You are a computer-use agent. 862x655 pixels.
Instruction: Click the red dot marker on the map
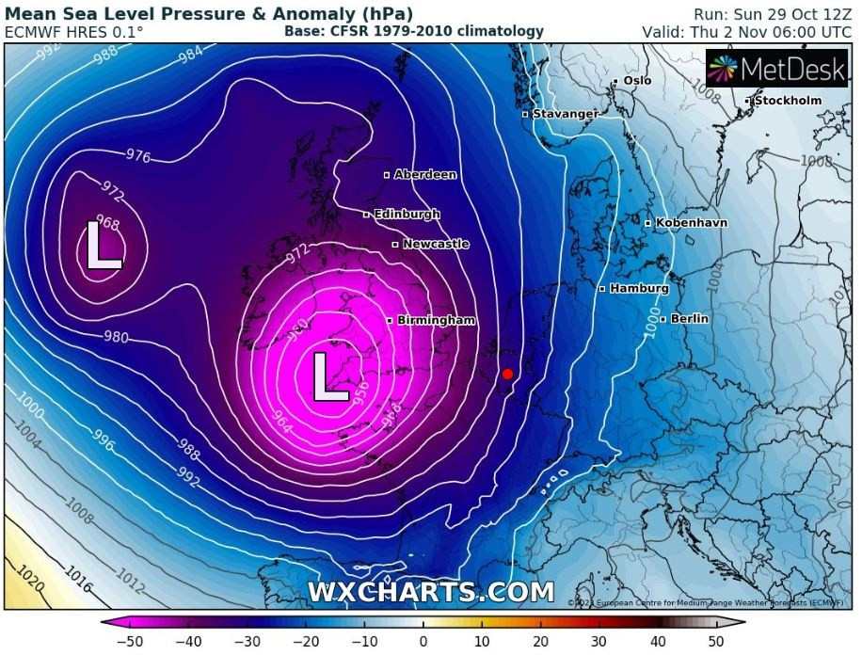point(507,374)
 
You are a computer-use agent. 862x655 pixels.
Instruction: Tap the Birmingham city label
point(436,320)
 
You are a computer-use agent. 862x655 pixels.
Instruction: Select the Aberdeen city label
point(425,174)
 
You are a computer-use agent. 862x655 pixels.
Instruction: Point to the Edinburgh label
point(407,214)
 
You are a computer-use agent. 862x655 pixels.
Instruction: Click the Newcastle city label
point(435,244)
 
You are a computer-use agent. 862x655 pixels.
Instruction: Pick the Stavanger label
point(565,114)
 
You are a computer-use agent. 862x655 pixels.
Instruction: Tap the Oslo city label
point(637,81)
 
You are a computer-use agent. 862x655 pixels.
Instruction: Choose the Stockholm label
point(788,100)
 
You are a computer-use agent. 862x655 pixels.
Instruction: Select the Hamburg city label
point(639,288)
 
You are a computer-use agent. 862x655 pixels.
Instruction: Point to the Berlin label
point(690,319)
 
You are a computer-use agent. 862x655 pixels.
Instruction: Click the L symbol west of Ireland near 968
point(104,246)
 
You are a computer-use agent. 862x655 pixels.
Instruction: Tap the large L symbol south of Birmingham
point(330,376)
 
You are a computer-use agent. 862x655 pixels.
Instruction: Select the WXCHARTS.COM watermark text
point(431,592)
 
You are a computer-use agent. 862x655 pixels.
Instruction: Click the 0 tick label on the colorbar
point(423,641)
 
